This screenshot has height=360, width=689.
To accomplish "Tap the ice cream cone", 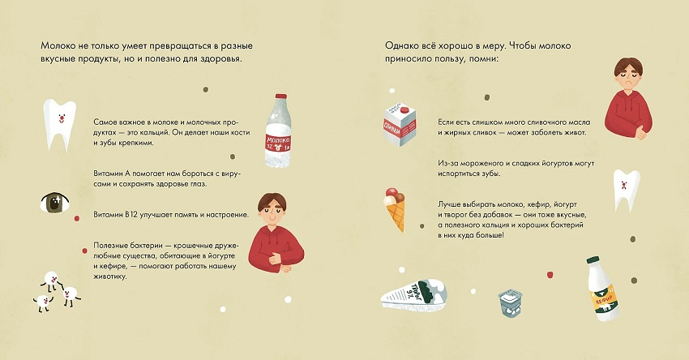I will coord(394,208).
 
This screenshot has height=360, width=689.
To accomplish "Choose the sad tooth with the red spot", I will coord(623,189).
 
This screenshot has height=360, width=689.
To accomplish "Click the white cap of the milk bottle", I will coord(278,96).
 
